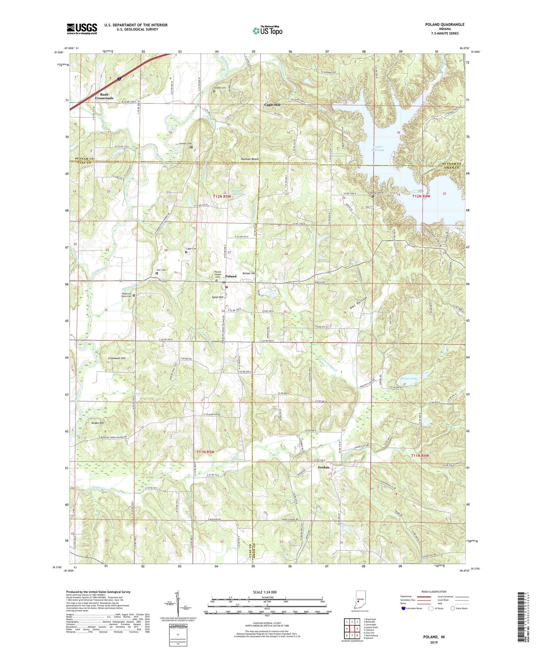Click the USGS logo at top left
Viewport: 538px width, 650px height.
pos(82,29)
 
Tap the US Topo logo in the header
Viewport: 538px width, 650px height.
pos(267,31)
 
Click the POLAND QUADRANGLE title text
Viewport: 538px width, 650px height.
pos(445,25)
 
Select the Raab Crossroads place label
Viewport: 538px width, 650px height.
pos(104,96)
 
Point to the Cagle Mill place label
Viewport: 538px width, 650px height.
pos(272,105)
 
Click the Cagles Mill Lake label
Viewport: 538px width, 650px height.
pos(378,149)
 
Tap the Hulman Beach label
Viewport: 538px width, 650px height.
pos(249,159)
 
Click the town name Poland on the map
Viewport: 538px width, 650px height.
pos(231,276)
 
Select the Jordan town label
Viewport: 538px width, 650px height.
pos(323,467)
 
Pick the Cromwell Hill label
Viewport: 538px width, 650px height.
pos(117,358)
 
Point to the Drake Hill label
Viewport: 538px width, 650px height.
pos(98,423)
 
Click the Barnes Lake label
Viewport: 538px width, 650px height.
pos(409,378)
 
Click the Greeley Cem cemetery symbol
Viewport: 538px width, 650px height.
pos(192,147)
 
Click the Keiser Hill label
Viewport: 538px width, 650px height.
pos(249,274)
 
